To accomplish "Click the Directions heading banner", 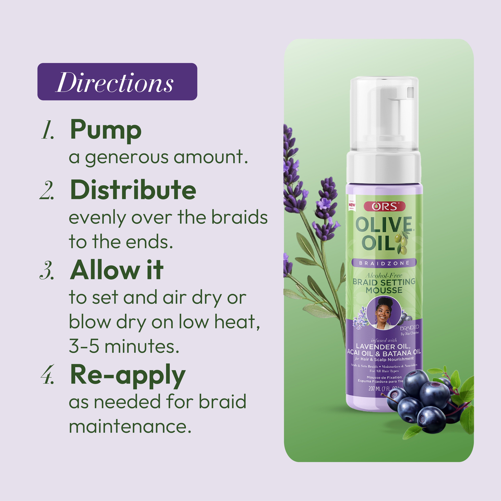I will click(117, 82).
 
